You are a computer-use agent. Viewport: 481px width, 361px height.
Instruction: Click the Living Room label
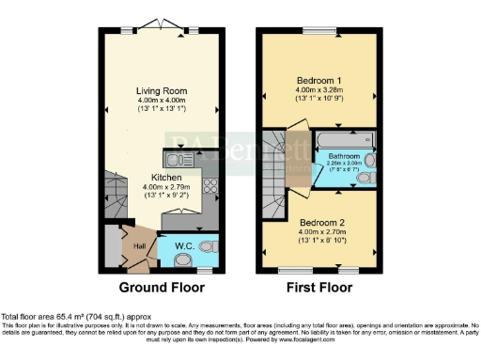pyautogui.click(x=163, y=91)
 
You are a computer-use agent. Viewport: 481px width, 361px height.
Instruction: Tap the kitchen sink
pyautogui.click(x=178, y=157)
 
